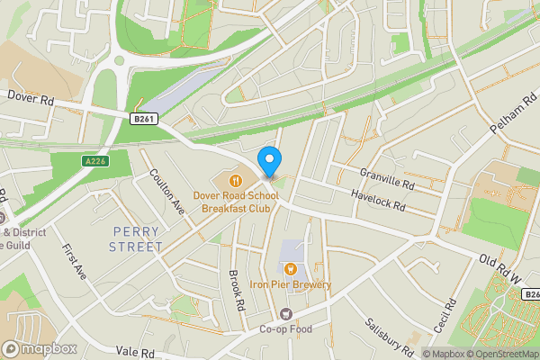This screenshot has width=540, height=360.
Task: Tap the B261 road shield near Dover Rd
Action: point(144,118)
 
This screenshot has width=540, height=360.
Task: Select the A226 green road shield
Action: point(96,161)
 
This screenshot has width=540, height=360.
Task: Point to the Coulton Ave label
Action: point(167,192)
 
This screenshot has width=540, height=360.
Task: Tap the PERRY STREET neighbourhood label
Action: point(137,238)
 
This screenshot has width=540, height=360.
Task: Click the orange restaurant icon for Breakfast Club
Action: point(222,178)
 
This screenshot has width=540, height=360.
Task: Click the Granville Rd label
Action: point(386,177)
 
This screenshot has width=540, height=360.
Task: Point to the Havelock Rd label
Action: point(379,201)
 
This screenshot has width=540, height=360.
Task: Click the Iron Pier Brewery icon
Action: point(291,268)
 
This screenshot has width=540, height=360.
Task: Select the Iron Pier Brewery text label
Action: point(291,285)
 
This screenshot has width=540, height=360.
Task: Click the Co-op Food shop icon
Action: point(287,313)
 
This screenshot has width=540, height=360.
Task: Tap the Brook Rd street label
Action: point(237,292)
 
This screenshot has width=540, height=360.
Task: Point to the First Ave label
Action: point(75,261)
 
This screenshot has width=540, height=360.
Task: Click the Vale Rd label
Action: point(136,353)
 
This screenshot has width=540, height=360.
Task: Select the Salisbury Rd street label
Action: point(389,336)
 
